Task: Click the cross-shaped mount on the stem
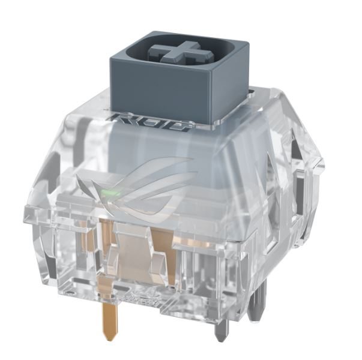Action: point(181,52)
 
